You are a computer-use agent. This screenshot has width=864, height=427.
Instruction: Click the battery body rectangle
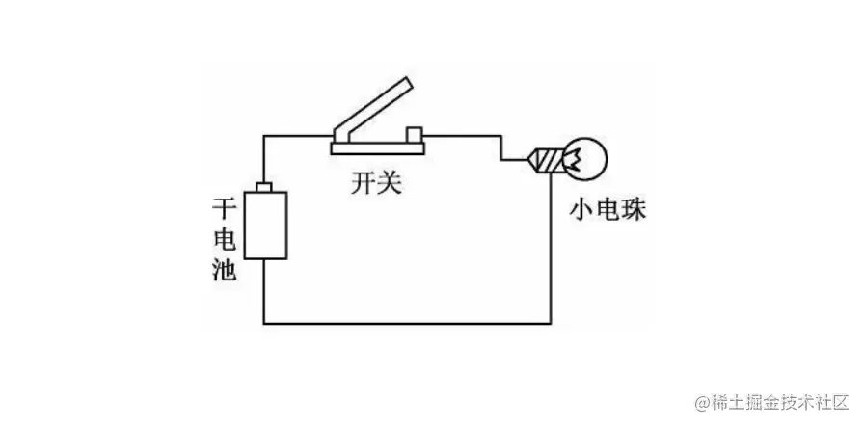click(x=265, y=225)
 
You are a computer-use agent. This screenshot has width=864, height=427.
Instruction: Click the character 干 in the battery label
click(x=223, y=207)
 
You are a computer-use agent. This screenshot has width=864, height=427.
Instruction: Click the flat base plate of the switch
click(x=379, y=147)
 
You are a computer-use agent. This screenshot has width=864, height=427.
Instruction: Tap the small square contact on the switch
click(x=416, y=133)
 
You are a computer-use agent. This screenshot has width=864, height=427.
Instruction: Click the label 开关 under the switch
click(x=375, y=183)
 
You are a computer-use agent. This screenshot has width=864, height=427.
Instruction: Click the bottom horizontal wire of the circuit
click(x=405, y=323)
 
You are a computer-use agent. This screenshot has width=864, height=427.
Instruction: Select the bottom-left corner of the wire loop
click(x=265, y=323)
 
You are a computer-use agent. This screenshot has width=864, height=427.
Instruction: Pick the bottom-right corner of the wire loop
click(x=551, y=323)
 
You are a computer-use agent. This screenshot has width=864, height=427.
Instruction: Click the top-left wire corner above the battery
click(x=265, y=138)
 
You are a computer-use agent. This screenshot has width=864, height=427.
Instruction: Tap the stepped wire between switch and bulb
click(x=501, y=149)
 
